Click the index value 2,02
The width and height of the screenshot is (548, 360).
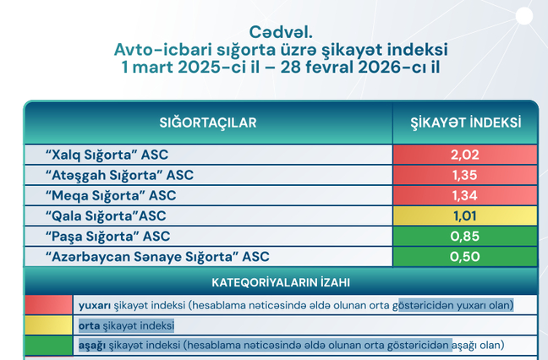tap(465, 155)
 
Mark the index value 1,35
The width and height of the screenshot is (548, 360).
tap(465, 175)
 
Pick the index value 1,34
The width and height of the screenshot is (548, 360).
tap(465, 195)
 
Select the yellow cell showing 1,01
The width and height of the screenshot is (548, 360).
tap(465, 215)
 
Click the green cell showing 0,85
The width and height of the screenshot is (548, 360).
tap(465, 235)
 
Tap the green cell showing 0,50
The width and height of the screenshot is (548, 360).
tap(465, 255)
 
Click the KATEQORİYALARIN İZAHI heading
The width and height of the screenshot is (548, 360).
tap(281, 282)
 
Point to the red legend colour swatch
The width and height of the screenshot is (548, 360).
tap(48, 304)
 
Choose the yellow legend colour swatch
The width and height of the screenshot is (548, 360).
tap(48, 325)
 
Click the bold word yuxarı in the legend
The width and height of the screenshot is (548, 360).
tap(93, 304)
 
